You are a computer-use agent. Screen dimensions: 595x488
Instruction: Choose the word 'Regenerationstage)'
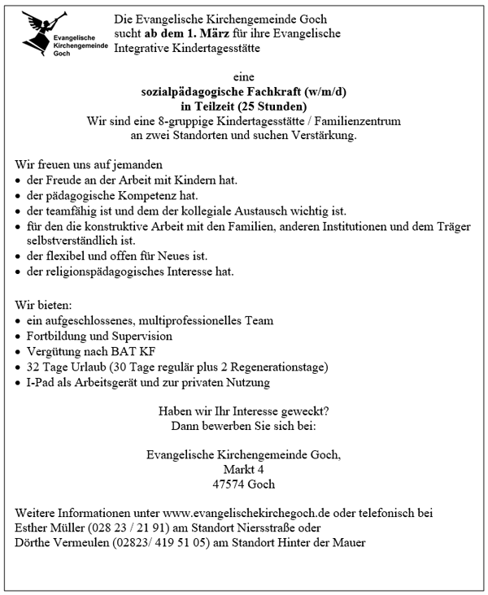tap(279, 367)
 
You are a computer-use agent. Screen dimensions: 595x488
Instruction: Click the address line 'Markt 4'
tap(244, 469)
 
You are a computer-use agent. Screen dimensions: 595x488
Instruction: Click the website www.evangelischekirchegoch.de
tap(245, 513)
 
